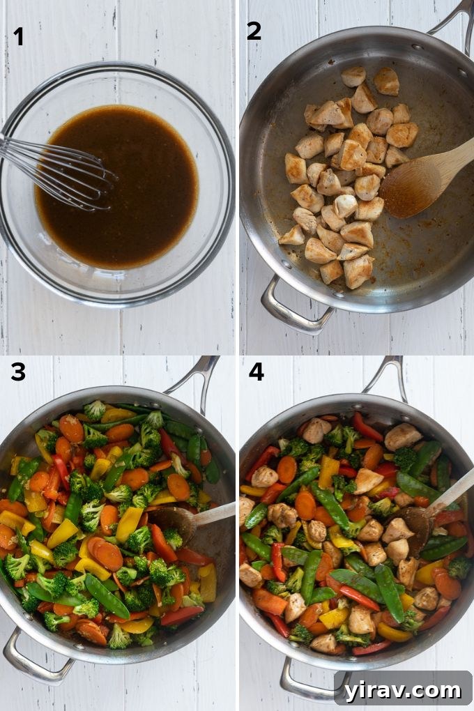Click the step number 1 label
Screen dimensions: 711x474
click(x=18, y=36)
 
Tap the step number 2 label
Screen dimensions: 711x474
click(x=254, y=31)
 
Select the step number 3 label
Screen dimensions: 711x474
click(x=18, y=372)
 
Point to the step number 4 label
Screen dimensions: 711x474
click(x=256, y=372)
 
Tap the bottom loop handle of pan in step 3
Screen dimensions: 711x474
click(x=35, y=662)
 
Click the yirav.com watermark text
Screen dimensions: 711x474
click(x=404, y=690)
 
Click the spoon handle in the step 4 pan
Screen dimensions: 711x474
click(x=453, y=491)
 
